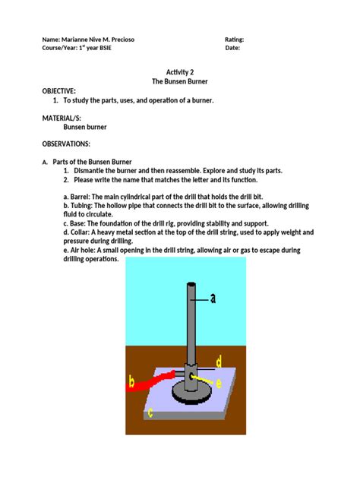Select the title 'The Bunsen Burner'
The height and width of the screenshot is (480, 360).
(x=180, y=81)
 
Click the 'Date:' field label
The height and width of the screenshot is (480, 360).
(x=233, y=48)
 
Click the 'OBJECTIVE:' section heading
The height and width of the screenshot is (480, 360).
(x=60, y=90)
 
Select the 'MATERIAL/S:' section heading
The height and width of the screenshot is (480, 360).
(x=62, y=118)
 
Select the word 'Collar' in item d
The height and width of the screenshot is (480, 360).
(x=83, y=234)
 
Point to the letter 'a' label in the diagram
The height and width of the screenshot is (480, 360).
(x=213, y=298)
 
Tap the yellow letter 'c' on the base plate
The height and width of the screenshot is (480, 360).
(x=150, y=413)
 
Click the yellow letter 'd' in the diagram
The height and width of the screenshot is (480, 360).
(x=218, y=361)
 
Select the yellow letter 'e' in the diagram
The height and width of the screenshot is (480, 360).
(x=219, y=384)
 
